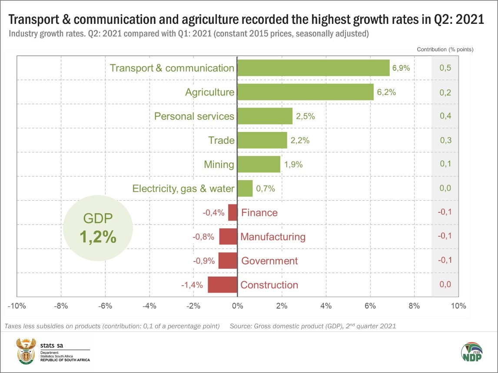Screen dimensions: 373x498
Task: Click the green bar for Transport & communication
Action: (313, 68)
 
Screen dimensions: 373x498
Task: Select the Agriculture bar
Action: (305, 92)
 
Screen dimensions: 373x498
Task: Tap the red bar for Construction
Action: (222, 285)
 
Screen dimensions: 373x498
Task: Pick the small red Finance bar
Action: (232, 212)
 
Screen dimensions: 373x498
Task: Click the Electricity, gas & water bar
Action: (245, 188)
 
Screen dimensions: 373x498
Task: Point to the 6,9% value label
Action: (401, 68)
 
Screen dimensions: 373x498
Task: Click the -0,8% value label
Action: (203, 237)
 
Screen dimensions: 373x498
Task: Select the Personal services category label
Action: (194, 116)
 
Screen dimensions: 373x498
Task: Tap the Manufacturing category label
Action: (273, 237)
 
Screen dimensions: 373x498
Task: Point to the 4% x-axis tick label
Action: (326, 306)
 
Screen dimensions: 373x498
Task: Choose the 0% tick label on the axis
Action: (237, 306)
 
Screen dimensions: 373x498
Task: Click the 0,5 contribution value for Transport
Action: (445, 68)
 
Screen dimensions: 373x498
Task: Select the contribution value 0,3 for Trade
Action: (445, 140)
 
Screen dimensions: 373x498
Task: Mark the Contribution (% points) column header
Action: (445, 49)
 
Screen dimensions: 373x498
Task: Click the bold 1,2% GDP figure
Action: (98, 236)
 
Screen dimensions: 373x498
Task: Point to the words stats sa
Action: (51, 345)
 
